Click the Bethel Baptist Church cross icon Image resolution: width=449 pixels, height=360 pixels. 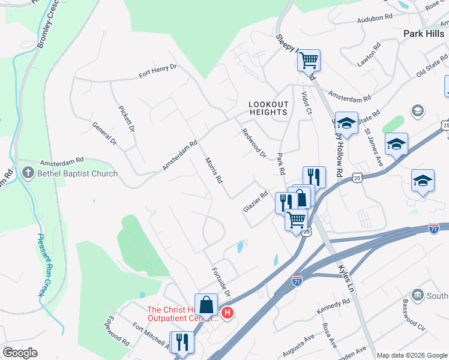click(27, 173)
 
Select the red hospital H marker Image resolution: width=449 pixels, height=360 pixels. click(227, 313)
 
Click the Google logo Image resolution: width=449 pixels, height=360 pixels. click(20, 353)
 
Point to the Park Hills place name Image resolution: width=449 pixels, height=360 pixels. click(424, 34)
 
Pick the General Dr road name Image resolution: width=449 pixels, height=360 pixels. click(104, 133)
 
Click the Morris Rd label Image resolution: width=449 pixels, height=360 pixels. click(214, 170)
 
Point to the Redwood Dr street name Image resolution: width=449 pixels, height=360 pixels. click(253, 143)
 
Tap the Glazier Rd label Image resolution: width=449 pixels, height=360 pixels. click(255, 201)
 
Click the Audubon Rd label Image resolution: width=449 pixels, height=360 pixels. click(374, 19)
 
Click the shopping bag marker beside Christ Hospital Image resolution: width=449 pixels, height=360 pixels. click(206, 304)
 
